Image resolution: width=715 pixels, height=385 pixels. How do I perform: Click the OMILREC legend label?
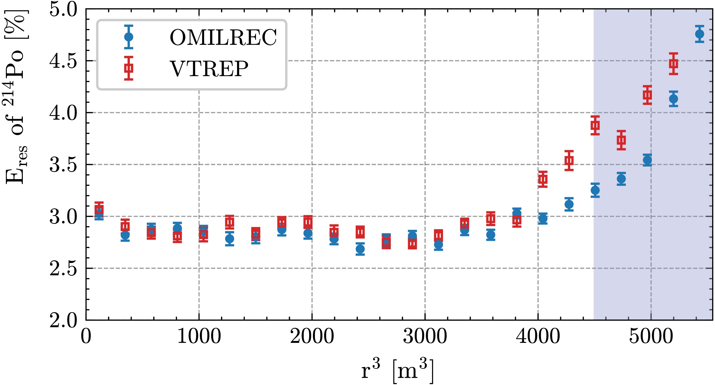223,37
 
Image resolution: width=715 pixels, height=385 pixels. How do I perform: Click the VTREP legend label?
209,69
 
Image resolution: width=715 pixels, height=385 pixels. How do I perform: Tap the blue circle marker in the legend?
129,37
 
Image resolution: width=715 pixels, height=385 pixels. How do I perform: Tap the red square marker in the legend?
129,68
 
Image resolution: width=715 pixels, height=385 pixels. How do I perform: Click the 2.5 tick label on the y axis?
63,269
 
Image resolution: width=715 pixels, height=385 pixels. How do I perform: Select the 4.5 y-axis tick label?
63,61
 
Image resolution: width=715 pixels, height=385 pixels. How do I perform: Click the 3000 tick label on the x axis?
425,336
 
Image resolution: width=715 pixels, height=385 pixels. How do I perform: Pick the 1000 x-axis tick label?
199,336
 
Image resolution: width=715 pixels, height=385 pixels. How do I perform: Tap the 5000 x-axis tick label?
651,336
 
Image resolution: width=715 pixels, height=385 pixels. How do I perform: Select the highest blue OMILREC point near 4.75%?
699,34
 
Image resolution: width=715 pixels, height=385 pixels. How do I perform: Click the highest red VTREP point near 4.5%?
673,64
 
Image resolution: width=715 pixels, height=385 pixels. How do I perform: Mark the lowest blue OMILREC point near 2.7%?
360,249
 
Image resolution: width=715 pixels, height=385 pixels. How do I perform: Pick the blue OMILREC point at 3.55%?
647,160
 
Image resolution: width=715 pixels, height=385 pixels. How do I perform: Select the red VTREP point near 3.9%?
595,125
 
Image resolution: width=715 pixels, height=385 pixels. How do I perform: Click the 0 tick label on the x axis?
86,336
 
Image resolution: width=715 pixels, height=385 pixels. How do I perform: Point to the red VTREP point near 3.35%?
543,179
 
